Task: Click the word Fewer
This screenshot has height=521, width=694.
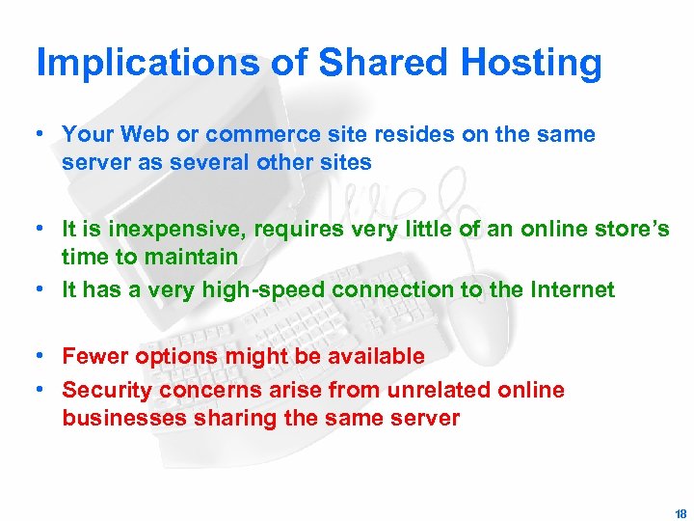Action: (x=95, y=356)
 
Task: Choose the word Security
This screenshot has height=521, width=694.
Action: (x=105, y=390)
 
